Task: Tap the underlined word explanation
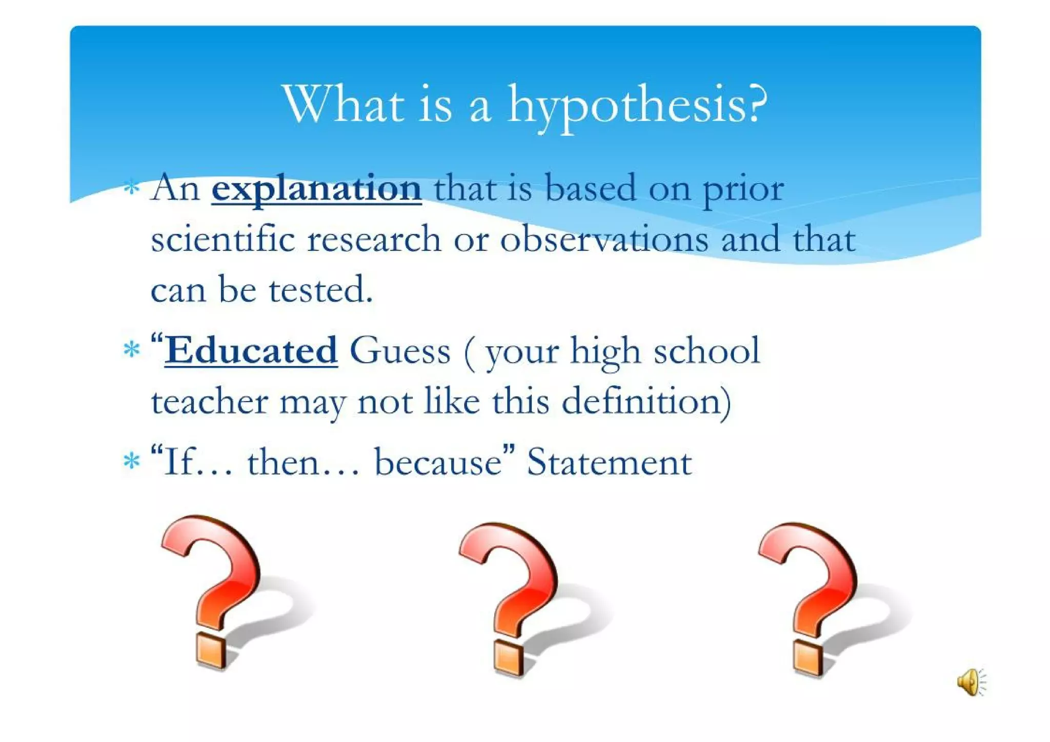pyautogui.click(x=316, y=189)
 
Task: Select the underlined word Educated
pyautogui.click(x=251, y=351)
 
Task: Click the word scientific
pyautogui.click(x=223, y=239)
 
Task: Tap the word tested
pyautogui.click(x=320, y=290)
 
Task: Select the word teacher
pyautogui.click(x=209, y=402)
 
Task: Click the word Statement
pyautogui.click(x=610, y=462)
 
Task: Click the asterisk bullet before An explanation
pyautogui.click(x=132, y=188)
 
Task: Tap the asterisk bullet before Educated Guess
pyautogui.click(x=132, y=350)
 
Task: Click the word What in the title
pyautogui.click(x=344, y=105)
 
